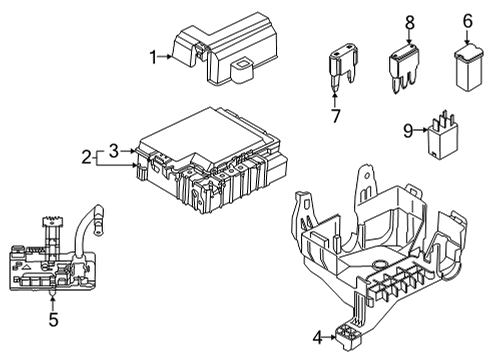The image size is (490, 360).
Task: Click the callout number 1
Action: pos(154,57)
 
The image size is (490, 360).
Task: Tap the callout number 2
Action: pos(87,156)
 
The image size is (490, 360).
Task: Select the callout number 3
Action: pos(115,150)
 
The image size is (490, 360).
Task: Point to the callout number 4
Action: pos(318,337)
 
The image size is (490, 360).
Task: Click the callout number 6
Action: pos(468,20)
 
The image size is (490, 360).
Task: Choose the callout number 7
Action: pos(336,117)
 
